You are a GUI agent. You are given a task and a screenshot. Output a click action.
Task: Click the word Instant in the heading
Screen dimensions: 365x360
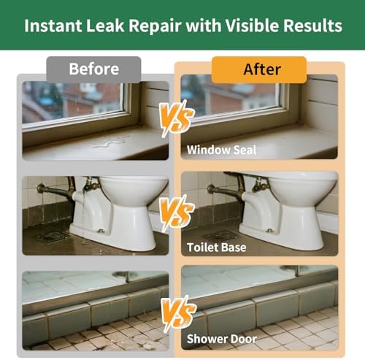53,26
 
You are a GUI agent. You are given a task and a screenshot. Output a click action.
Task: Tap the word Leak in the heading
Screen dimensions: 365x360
105,26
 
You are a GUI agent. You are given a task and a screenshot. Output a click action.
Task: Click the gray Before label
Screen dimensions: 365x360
93,69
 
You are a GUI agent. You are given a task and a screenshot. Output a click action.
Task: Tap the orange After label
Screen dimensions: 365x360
259,69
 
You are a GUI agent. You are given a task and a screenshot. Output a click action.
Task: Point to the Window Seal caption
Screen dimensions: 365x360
221,150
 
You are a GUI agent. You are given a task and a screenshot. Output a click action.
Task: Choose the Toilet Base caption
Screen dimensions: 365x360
217,248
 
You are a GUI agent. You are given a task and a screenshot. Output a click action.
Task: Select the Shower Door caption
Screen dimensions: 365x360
222,339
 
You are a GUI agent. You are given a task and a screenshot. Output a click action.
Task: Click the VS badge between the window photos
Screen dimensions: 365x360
177,118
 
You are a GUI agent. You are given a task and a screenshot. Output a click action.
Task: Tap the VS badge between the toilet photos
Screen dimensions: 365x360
177,213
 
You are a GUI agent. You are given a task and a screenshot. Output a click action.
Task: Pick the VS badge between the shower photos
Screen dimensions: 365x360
178,314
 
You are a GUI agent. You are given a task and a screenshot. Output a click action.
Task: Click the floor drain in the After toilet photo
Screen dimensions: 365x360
220,235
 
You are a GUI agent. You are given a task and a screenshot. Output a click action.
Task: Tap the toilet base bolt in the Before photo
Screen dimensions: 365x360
101,231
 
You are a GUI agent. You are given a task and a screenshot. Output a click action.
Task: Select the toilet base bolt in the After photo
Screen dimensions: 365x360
269,230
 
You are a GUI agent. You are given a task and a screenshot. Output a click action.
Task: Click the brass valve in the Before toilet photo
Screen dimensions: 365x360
91,185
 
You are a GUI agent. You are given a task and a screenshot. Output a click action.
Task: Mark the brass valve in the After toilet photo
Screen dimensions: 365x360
260,184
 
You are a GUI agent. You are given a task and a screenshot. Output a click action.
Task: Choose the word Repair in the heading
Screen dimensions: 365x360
155,26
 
